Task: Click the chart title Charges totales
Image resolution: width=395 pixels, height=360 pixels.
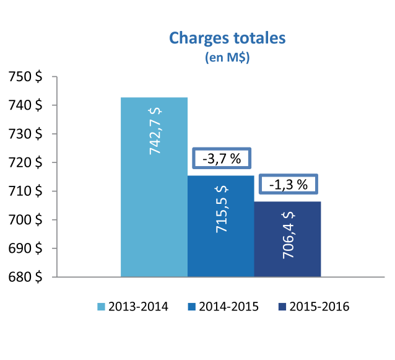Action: pyautogui.click(x=227, y=38)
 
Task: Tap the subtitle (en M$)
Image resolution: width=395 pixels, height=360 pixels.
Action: pyautogui.click(x=227, y=58)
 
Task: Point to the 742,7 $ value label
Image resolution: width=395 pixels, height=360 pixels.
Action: pyautogui.click(x=155, y=131)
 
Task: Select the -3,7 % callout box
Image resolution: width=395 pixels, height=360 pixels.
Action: pyautogui.click(x=221, y=159)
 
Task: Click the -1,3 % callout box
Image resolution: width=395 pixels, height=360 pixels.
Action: pyautogui.click(x=287, y=184)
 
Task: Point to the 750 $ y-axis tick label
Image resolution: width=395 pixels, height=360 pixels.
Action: pyautogui.click(x=25, y=77)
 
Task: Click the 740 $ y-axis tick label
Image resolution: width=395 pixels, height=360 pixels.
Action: pyautogui.click(x=25, y=105)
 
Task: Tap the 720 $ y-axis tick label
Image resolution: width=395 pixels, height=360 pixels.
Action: pyautogui.click(x=25, y=162)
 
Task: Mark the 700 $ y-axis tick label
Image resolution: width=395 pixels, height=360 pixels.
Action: pyautogui.click(x=25, y=220)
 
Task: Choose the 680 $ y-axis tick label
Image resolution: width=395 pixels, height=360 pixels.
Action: pyautogui.click(x=25, y=277)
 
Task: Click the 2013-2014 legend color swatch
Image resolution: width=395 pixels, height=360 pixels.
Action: pyautogui.click(x=102, y=307)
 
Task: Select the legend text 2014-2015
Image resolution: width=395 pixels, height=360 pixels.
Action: pyautogui.click(x=228, y=307)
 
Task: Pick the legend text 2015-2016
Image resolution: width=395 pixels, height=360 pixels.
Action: pyautogui.click(x=319, y=307)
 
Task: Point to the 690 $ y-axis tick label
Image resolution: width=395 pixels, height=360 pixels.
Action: pyautogui.click(x=25, y=248)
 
